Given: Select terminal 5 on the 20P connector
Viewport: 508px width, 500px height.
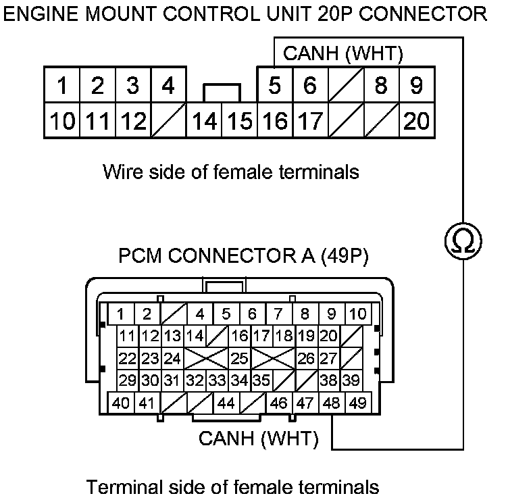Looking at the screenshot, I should point(274,86).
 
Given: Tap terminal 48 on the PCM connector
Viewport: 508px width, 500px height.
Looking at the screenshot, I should point(332,403).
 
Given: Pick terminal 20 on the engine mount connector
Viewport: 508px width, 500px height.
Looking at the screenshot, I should point(416,122).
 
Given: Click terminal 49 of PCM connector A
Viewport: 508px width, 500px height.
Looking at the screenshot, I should point(357,403).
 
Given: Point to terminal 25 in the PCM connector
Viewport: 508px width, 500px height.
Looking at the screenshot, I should point(239,358).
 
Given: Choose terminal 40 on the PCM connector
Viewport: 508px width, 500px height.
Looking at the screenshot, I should point(122,403).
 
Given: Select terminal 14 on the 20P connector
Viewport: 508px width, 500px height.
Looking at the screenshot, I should point(203,122).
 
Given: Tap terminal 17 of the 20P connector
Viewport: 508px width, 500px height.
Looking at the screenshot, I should point(310,122).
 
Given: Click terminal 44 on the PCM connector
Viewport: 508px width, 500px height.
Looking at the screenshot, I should point(226,403).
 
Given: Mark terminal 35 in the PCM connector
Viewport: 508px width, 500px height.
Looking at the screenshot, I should point(261,380).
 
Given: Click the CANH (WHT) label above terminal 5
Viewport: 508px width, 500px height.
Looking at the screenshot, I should point(343,53).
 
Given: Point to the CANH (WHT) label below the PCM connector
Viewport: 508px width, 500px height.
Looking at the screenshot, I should point(258,439).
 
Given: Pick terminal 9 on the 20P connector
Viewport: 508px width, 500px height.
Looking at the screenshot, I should point(416,86).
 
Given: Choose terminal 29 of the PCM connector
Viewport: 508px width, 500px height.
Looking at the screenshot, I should point(126,380).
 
